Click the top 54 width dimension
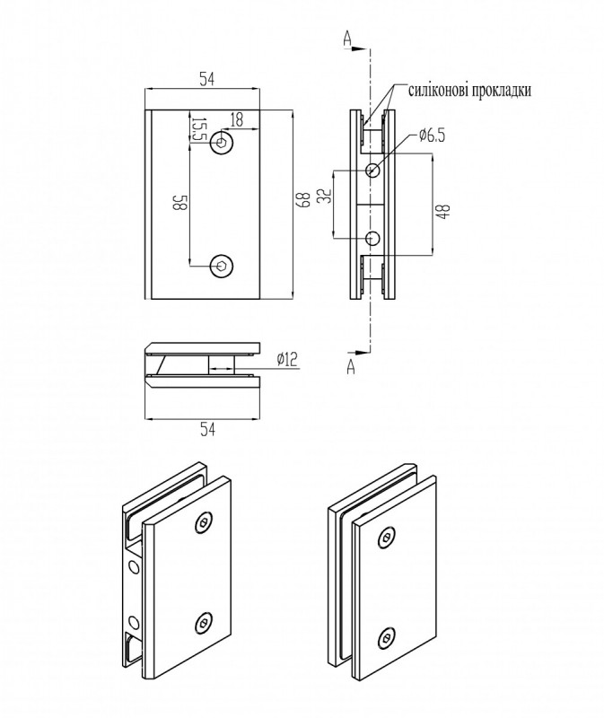tap(206, 79)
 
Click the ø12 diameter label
tap(286, 359)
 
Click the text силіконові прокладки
tap(470, 91)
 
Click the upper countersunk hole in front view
tap(222, 144)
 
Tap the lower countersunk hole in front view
tap(222, 265)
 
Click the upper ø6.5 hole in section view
tap(373, 170)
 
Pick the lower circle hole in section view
tap(373, 238)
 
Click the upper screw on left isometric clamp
tap(206, 523)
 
